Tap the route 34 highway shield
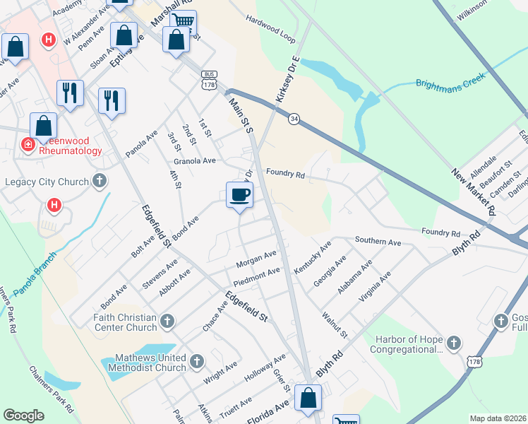pyautogui.click(x=294, y=119)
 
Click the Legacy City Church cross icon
pyautogui.click(x=100, y=182)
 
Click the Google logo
pyautogui.click(x=23, y=416)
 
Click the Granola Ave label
pyautogui.click(x=194, y=161)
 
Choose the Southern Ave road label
pyautogui.click(x=377, y=242)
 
